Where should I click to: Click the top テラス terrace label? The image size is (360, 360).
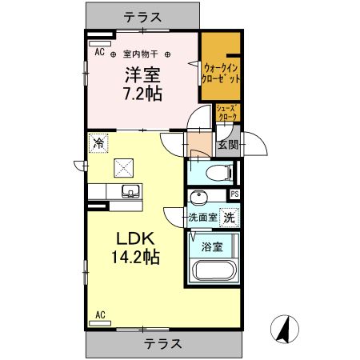142,16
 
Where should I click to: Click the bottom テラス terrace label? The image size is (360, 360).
163,343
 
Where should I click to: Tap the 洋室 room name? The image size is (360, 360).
142,77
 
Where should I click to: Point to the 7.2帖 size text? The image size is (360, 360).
142,94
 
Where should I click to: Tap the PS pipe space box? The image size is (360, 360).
234,194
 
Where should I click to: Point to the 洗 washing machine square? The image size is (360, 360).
229,216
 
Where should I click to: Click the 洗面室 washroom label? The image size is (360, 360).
203,217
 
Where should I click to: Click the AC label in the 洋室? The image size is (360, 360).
99,52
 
